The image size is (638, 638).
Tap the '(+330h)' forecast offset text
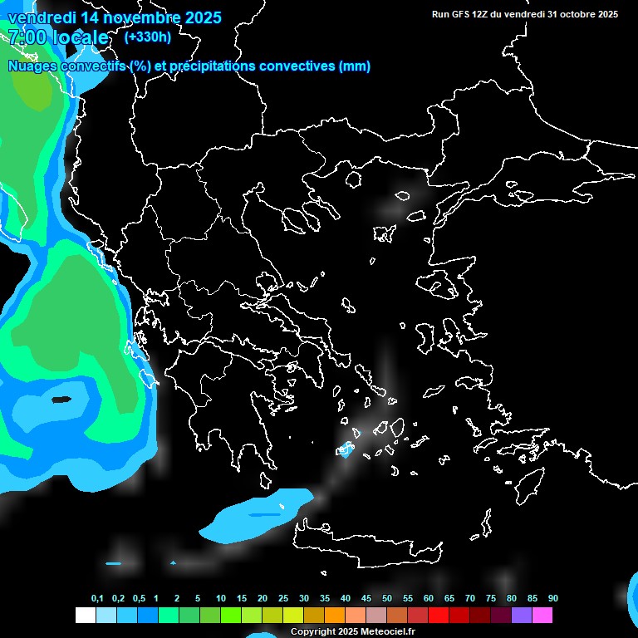[148, 37]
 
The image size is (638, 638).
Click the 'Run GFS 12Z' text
[460, 14]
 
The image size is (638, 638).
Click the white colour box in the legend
[85, 616]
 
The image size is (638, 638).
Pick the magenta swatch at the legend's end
[542, 616]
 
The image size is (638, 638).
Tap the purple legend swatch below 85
[522, 616]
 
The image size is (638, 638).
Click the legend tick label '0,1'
[97, 599]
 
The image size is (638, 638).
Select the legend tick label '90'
[552, 599]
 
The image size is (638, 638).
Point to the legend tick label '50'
[387, 599]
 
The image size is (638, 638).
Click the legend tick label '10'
[220, 599]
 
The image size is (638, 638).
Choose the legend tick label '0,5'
[139, 599]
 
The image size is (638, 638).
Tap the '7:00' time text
[27, 37]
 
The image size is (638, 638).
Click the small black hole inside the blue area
[61, 400]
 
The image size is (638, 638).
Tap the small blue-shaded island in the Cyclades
[346, 450]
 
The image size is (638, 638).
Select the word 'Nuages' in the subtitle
[32, 66]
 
